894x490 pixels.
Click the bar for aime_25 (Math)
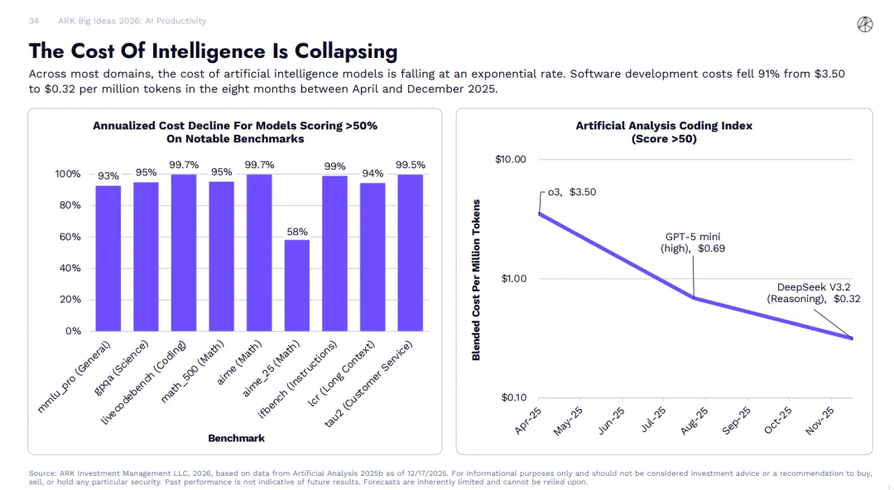click(x=297, y=285)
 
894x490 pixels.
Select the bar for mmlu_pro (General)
click(x=108, y=257)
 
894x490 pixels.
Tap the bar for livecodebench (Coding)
click(x=184, y=252)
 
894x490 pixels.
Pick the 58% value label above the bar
click(x=297, y=231)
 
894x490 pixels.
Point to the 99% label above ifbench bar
click(x=334, y=166)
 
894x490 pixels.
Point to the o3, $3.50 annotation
click(x=571, y=192)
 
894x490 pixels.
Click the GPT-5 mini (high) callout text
click(x=693, y=243)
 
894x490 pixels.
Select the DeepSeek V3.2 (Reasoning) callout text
click(x=814, y=293)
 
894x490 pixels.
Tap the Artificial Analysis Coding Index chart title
click(x=664, y=132)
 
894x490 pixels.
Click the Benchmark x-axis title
click(x=237, y=437)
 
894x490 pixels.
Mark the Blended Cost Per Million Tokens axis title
click(x=476, y=279)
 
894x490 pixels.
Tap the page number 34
click(x=34, y=21)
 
